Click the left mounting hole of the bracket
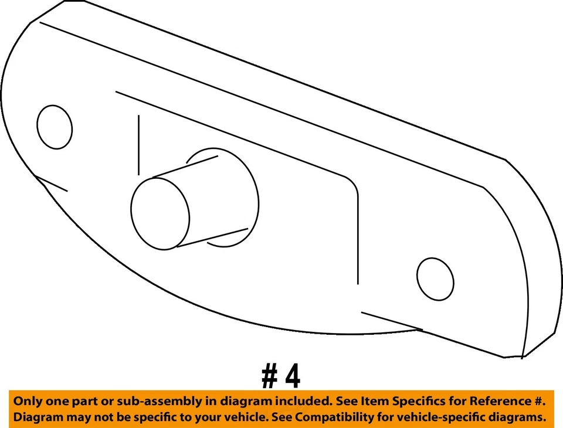pyautogui.click(x=55, y=127)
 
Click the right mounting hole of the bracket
pyautogui.click(x=435, y=278)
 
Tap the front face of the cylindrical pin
pyautogui.click(x=160, y=213)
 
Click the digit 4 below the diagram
pyautogui.click(x=291, y=377)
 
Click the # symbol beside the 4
pyautogui.click(x=270, y=377)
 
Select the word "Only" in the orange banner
pyautogui.click(x=27, y=402)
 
